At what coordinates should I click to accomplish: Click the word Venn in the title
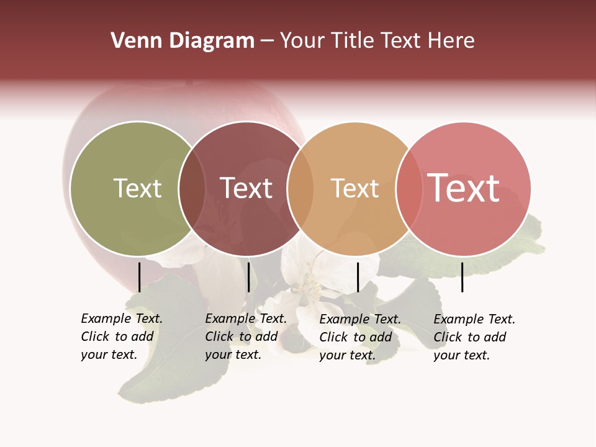(132, 41)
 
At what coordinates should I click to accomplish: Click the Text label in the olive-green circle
(137, 188)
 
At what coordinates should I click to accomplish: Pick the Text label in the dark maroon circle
(246, 188)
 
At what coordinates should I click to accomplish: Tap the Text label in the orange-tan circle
(354, 188)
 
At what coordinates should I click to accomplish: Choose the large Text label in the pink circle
(463, 188)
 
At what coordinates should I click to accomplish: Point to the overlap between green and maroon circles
(192, 189)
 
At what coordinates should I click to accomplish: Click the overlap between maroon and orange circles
(300, 189)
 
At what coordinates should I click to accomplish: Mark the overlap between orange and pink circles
(409, 189)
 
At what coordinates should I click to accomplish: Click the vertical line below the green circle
(140, 277)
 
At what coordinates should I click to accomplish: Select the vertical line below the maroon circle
(248, 277)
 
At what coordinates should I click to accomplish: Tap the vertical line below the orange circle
(358, 277)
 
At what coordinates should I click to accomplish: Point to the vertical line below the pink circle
(463, 277)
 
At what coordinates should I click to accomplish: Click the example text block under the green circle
(121, 336)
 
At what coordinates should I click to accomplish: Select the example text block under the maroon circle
(245, 336)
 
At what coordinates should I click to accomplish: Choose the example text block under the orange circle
(359, 337)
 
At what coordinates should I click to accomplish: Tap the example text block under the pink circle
(474, 337)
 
